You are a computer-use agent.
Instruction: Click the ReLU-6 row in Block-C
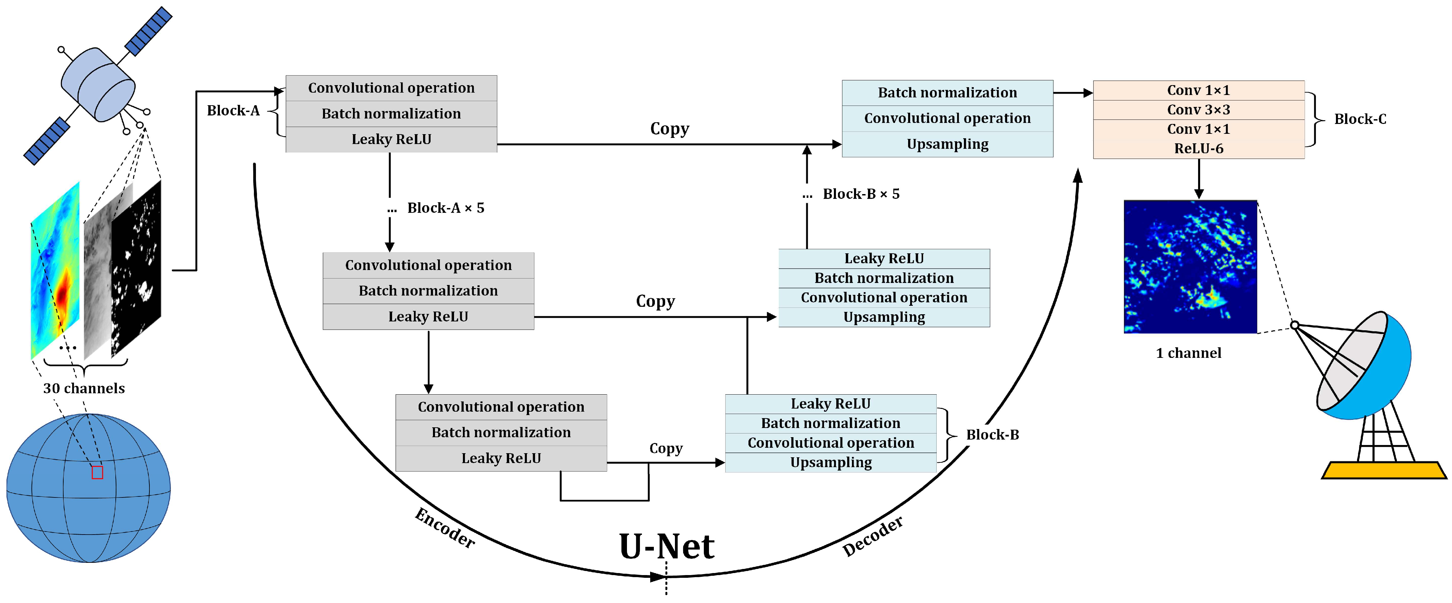[1198, 148]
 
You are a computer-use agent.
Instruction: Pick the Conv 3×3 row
[1198, 109]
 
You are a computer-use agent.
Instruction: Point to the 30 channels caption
[84, 388]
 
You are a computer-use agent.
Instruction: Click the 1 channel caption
[1188, 353]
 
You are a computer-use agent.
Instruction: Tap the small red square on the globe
[97, 472]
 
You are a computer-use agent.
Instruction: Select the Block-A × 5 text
[445, 208]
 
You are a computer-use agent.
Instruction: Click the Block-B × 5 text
[861, 194]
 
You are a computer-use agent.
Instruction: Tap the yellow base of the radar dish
[1384, 470]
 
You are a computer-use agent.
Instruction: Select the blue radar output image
[1190, 266]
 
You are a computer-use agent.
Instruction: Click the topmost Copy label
[669, 129]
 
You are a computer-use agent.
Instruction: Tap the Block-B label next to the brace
[992, 435]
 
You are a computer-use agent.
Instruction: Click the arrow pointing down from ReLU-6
[1199, 179]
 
